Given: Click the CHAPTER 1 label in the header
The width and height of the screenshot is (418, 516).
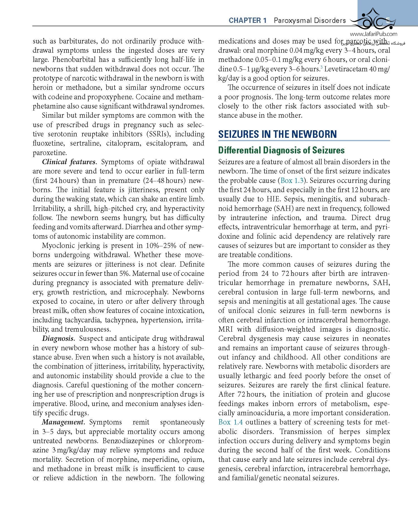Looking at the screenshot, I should click(x=247, y=20).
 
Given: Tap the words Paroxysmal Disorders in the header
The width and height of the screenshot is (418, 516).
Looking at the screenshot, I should click(x=310, y=20).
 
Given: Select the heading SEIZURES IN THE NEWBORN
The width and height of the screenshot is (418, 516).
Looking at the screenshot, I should click(x=277, y=134).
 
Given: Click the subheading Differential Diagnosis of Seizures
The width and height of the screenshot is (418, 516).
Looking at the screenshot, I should click(x=281, y=150).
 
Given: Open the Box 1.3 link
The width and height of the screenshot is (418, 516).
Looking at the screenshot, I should click(x=292, y=180).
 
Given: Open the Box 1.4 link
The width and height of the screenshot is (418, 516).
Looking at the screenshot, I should click(x=230, y=422).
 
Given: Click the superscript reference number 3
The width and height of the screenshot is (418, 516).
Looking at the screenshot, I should click(x=321, y=67).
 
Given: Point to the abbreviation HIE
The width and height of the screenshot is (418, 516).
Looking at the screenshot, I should click(x=273, y=199).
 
